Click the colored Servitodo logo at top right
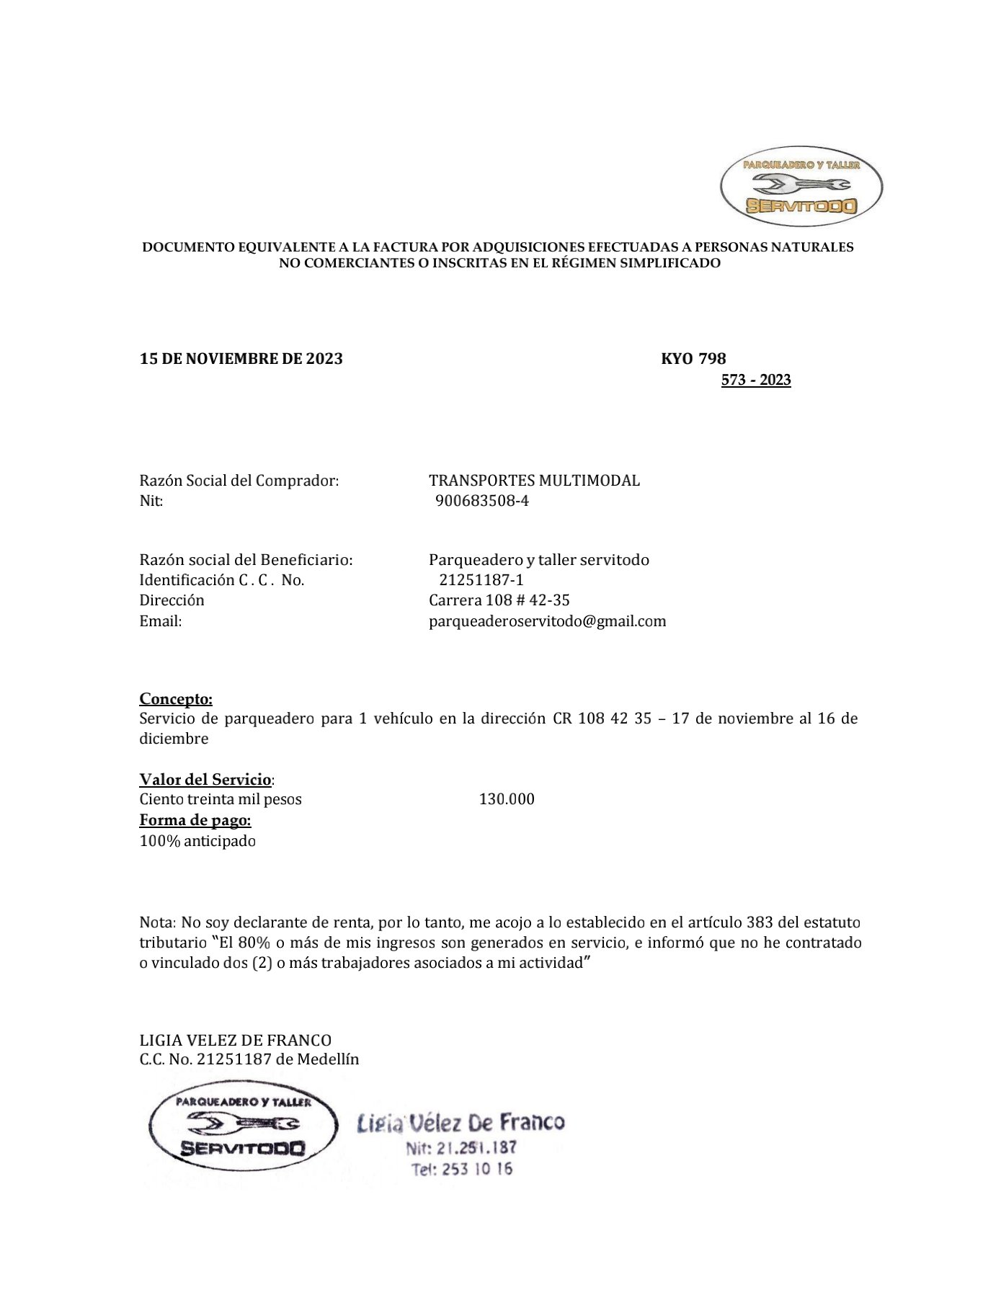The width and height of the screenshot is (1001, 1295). pyautogui.click(x=801, y=186)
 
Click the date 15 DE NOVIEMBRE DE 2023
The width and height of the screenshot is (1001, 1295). pyautogui.click(x=241, y=359)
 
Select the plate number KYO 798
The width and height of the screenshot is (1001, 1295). pyautogui.click(x=693, y=359)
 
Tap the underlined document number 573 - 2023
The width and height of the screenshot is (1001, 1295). pyautogui.click(x=756, y=380)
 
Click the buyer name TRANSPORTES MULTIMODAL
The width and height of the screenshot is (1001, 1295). pyautogui.click(x=534, y=481)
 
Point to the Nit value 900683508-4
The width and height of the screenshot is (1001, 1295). pyautogui.click(x=482, y=501)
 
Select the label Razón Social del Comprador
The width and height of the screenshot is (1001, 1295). pyautogui.click(x=239, y=481)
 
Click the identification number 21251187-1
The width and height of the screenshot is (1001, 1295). pyautogui.click(x=481, y=580)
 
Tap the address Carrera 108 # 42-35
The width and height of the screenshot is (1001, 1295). pyautogui.click(x=499, y=600)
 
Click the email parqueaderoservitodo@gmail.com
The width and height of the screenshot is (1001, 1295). pyautogui.click(x=547, y=621)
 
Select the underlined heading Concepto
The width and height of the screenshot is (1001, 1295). pyautogui.click(x=176, y=698)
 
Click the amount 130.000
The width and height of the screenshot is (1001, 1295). pyautogui.click(x=507, y=799)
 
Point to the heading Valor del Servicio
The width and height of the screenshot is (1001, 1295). pyautogui.click(x=205, y=779)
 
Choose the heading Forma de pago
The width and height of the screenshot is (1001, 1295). pyautogui.click(x=195, y=820)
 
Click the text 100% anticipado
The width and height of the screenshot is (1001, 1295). pyautogui.click(x=197, y=841)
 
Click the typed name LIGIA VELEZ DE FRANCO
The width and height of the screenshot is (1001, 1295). pyautogui.click(x=235, y=1040)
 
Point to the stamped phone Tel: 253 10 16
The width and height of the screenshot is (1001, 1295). pyautogui.click(x=462, y=1169)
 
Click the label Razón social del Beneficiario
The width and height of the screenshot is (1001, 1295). pyautogui.click(x=246, y=560)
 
